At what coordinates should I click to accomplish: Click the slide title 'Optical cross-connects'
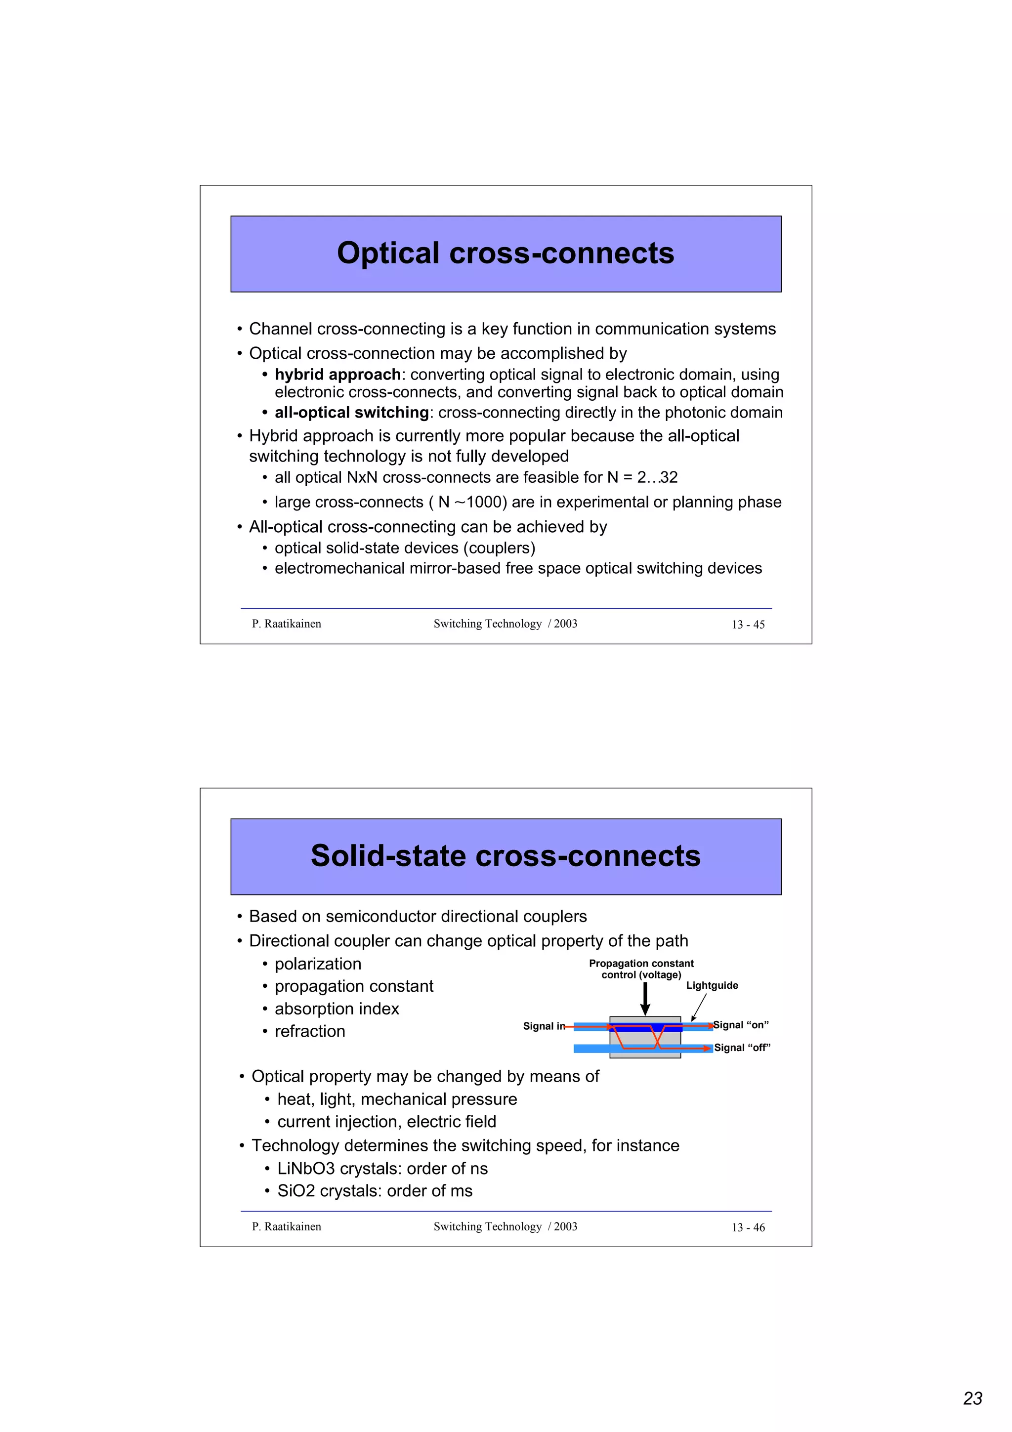(505, 253)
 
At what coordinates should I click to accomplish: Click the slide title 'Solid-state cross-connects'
(505, 856)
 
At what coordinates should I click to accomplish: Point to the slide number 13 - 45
(748, 624)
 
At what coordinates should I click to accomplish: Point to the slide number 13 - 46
(748, 1227)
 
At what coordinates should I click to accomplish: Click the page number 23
(972, 1398)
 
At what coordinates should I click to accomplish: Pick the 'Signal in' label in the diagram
(543, 1026)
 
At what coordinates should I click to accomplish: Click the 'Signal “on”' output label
(741, 1025)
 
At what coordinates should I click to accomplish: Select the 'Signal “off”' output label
(742, 1048)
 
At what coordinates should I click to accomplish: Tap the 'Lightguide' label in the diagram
(712, 985)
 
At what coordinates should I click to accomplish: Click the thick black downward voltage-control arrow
(645, 999)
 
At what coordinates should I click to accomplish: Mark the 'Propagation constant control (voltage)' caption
(641, 969)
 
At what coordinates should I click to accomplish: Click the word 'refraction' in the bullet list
(309, 1032)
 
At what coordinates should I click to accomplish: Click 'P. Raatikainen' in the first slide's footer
(286, 624)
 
